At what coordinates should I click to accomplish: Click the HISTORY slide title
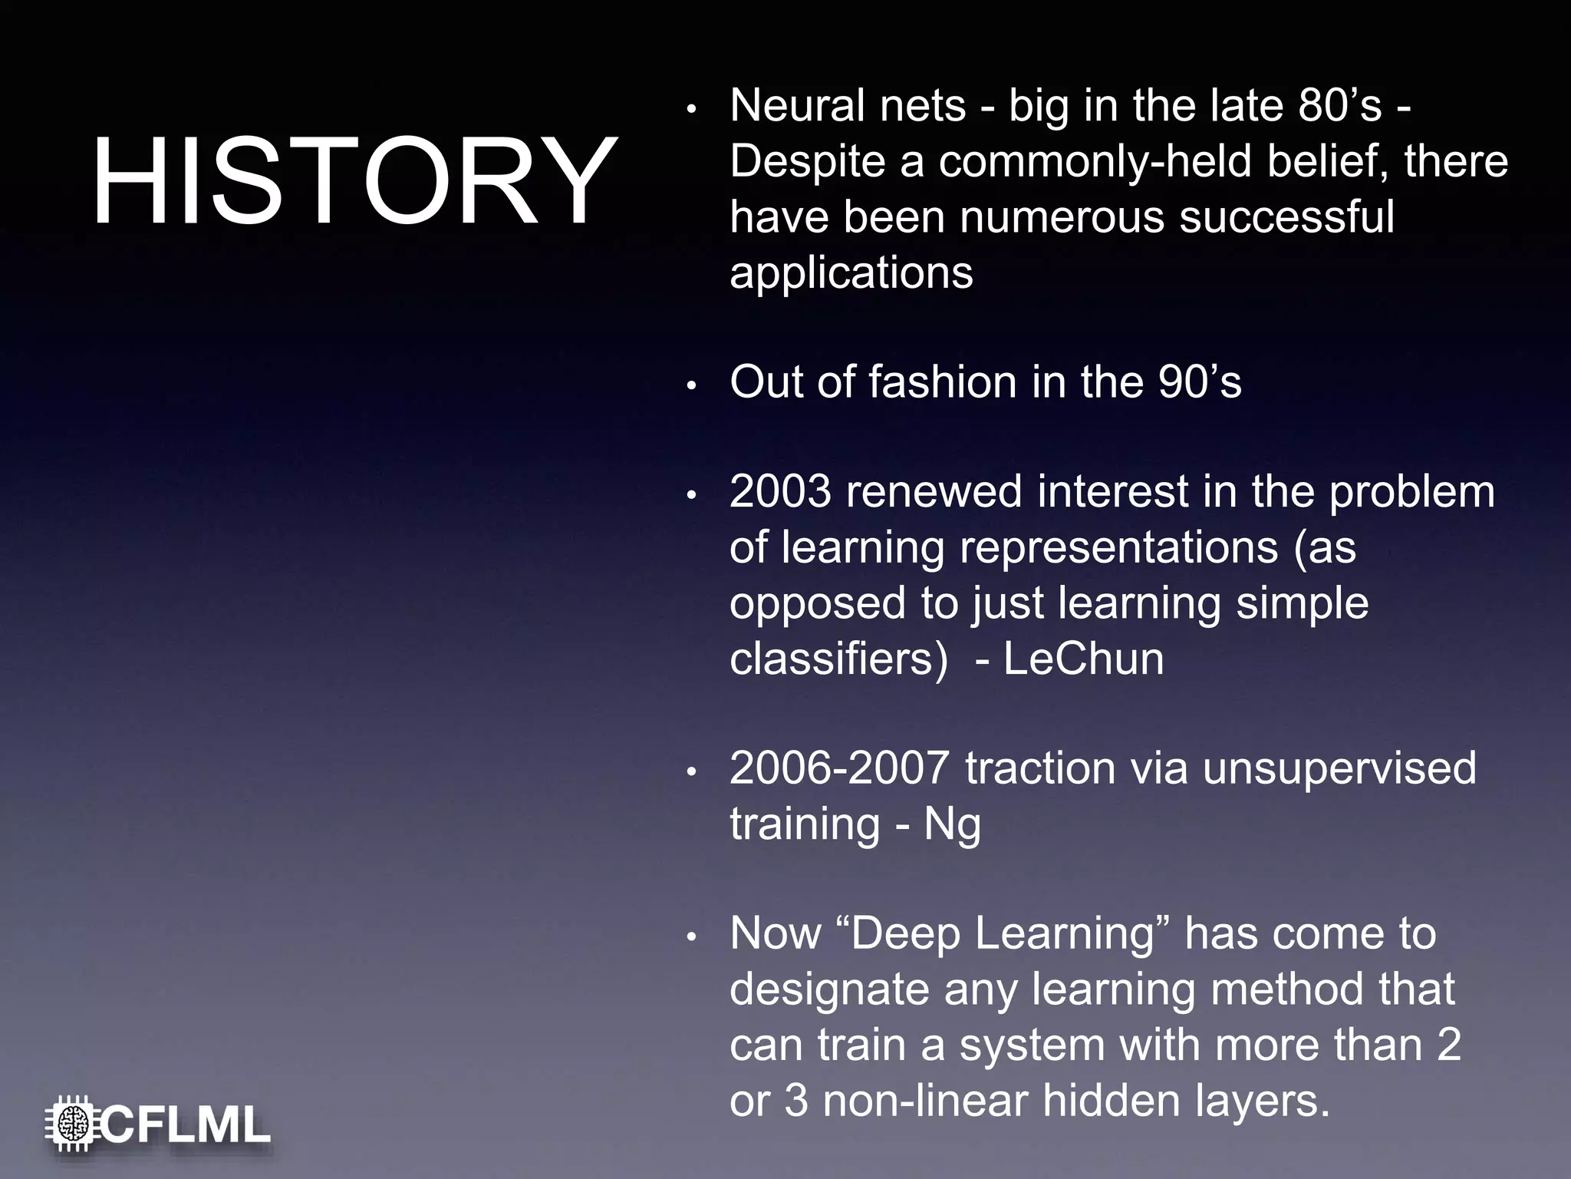point(354,182)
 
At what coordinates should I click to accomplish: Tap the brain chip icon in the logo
point(73,1125)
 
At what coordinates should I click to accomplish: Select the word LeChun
point(1083,659)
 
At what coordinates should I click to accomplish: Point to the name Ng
point(952,825)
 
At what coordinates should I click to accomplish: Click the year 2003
point(779,491)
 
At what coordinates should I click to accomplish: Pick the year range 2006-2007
point(839,768)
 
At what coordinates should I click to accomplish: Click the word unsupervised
point(1339,768)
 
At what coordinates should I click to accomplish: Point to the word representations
point(1118,548)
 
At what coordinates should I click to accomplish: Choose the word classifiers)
point(838,659)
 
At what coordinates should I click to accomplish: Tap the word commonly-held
point(1095,162)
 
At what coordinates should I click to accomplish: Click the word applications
point(851,272)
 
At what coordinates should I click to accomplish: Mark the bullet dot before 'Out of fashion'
point(691,386)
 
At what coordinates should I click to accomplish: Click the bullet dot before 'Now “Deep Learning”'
point(691,937)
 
